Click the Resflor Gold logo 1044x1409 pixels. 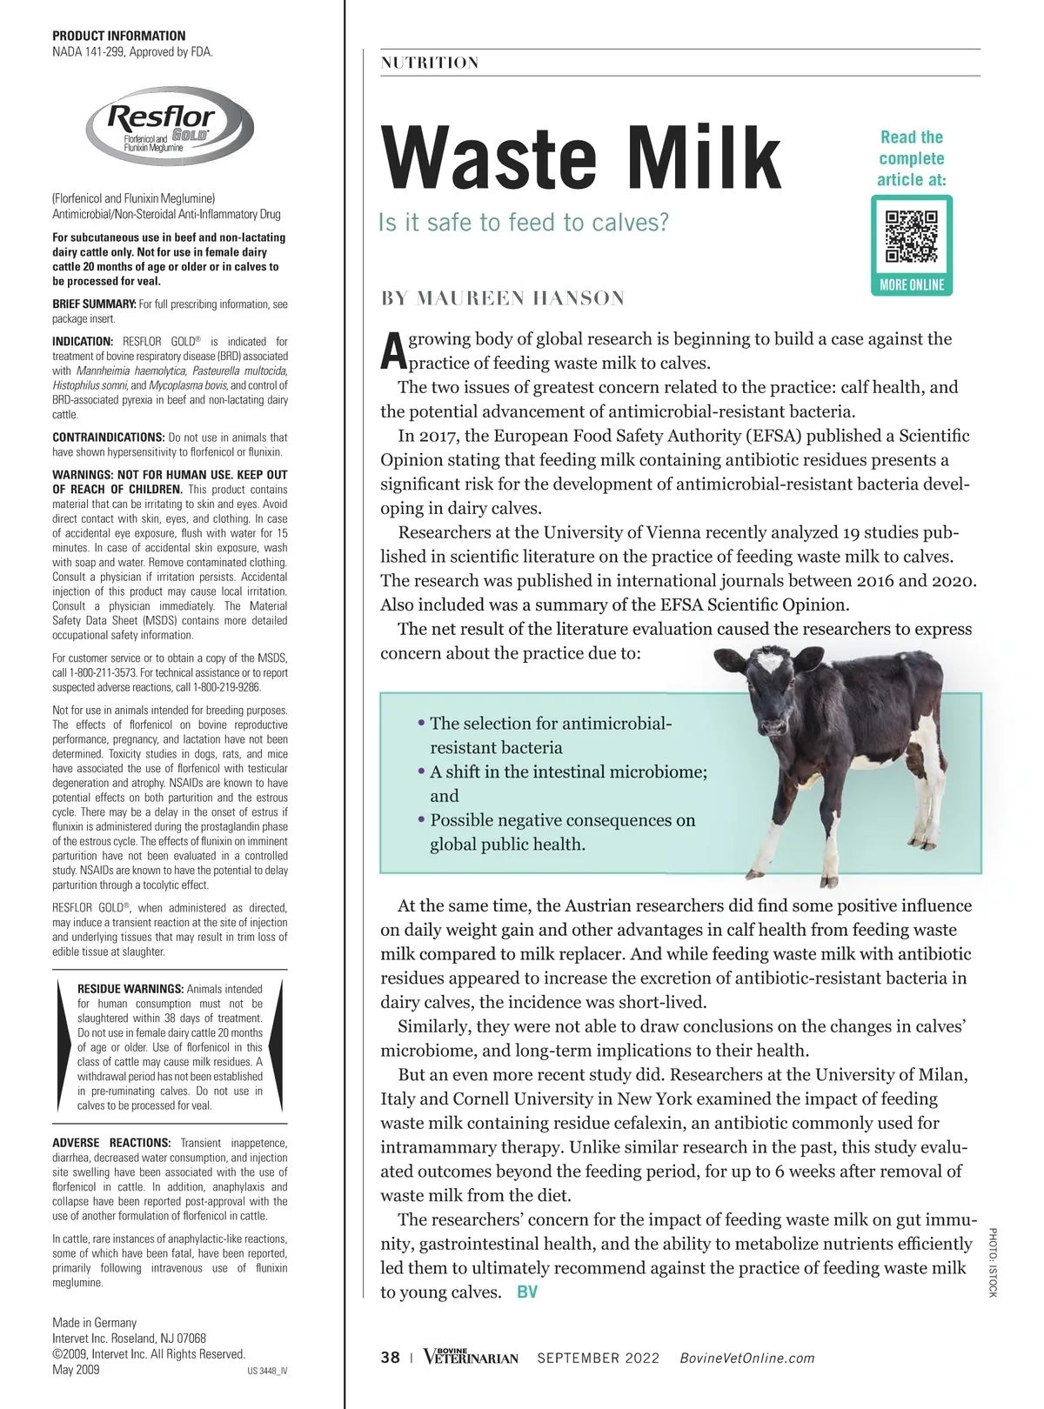click(169, 127)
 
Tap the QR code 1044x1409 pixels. click(911, 236)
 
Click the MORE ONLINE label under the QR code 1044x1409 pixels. click(911, 285)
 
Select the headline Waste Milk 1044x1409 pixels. click(581, 158)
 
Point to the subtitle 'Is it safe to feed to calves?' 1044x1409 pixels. click(524, 223)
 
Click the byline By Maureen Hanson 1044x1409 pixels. click(503, 298)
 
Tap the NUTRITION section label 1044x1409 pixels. click(430, 63)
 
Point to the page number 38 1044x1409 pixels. click(391, 1359)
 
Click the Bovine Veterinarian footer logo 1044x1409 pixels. click(471, 1357)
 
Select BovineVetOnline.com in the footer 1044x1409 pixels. click(746, 1359)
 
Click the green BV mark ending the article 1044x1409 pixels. click(527, 1292)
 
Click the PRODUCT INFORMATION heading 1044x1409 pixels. click(118, 36)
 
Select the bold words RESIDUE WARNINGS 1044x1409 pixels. click(130, 989)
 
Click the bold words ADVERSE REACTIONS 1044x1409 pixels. click(111, 1143)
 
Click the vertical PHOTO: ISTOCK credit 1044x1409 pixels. click(992, 1262)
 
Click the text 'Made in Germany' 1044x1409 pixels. click(95, 1323)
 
